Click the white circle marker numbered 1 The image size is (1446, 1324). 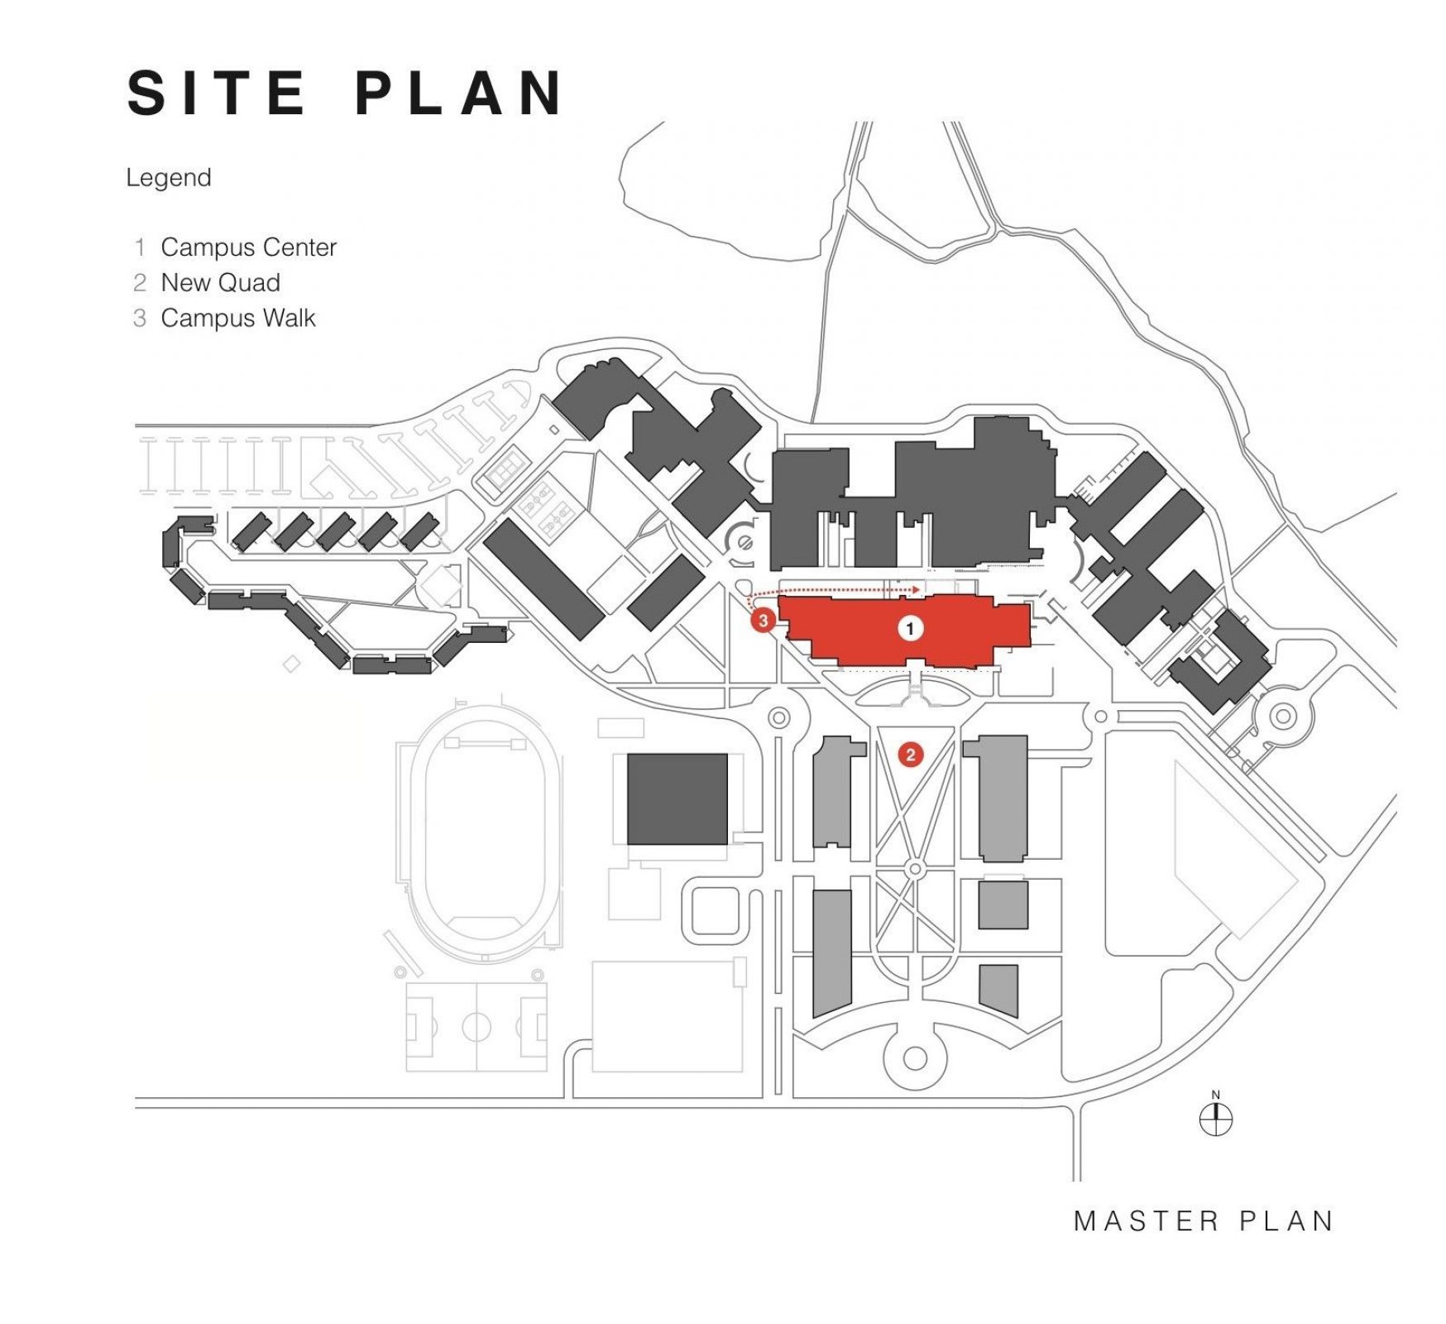pyautogui.click(x=910, y=629)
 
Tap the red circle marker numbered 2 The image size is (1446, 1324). pyautogui.click(x=910, y=754)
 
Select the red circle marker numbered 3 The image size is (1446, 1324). pyautogui.click(x=763, y=620)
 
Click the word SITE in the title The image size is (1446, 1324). pyautogui.click(x=217, y=92)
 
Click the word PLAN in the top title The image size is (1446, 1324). pyautogui.click(x=460, y=92)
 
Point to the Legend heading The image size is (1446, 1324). pyautogui.click(x=169, y=178)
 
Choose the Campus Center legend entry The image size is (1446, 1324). pyautogui.click(x=248, y=247)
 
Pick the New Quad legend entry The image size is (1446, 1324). pyautogui.click(x=220, y=282)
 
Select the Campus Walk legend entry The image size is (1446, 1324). pyautogui.click(x=238, y=318)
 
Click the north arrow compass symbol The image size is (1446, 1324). pyautogui.click(x=1215, y=1120)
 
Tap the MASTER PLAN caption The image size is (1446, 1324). pyautogui.click(x=1204, y=1221)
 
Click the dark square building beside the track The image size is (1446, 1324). pyautogui.click(x=677, y=799)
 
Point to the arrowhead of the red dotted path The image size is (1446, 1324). pyautogui.click(x=918, y=589)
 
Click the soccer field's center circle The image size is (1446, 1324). pyautogui.click(x=476, y=1028)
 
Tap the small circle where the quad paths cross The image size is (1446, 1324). pyautogui.click(x=915, y=870)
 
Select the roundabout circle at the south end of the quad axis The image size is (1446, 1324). pyautogui.click(x=915, y=1058)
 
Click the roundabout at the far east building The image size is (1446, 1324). pyautogui.click(x=1283, y=716)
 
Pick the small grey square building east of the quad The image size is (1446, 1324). pyautogui.click(x=1003, y=904)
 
